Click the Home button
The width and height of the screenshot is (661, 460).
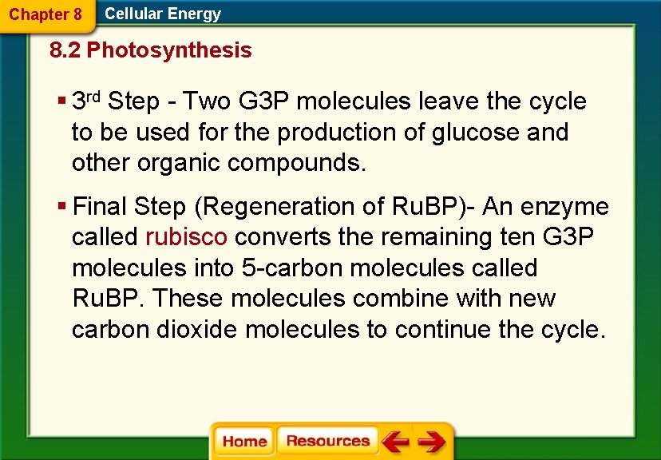(244, 441)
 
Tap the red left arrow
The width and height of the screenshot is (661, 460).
(395, 441)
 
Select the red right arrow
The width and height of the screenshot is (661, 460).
(431, 441)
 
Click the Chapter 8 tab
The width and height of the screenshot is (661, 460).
(46, 14)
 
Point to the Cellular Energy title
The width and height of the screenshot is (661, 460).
(163, 14)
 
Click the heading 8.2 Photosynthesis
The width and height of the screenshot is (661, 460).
(150, 51)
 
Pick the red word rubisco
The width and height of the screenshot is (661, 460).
(187, 237)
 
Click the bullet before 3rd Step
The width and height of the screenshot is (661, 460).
(61, 101)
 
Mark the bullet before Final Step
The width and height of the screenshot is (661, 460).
(61, 207)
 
